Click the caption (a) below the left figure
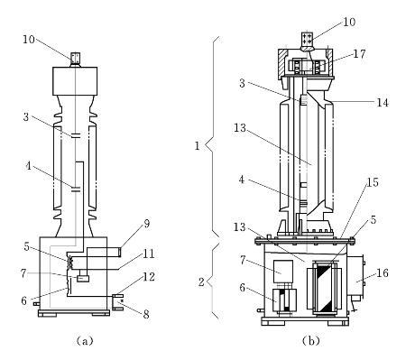[x=85, y=341]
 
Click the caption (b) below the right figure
[x=310, y=341]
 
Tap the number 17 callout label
[x=359, y=54]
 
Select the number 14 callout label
[x=383, y=103]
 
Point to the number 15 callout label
[x=373, y=182]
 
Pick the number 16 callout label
[x=383, y=273]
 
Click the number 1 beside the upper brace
[x=198, y=146]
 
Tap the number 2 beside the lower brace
[x=201, y=282]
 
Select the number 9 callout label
[x=146, y=224]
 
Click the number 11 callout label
[x=149, y=254]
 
